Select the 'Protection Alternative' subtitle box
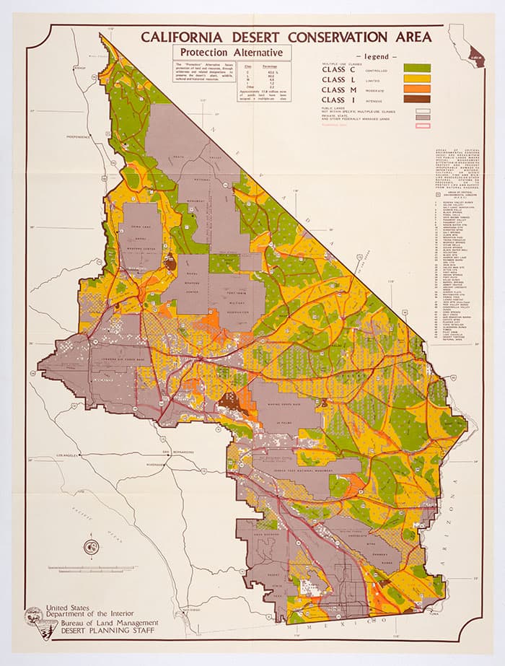pos(231,53)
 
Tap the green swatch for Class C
pos(417,68)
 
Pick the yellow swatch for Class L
pos(417,79)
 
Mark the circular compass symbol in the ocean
pos(90,546)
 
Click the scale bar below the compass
pos(90,569)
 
